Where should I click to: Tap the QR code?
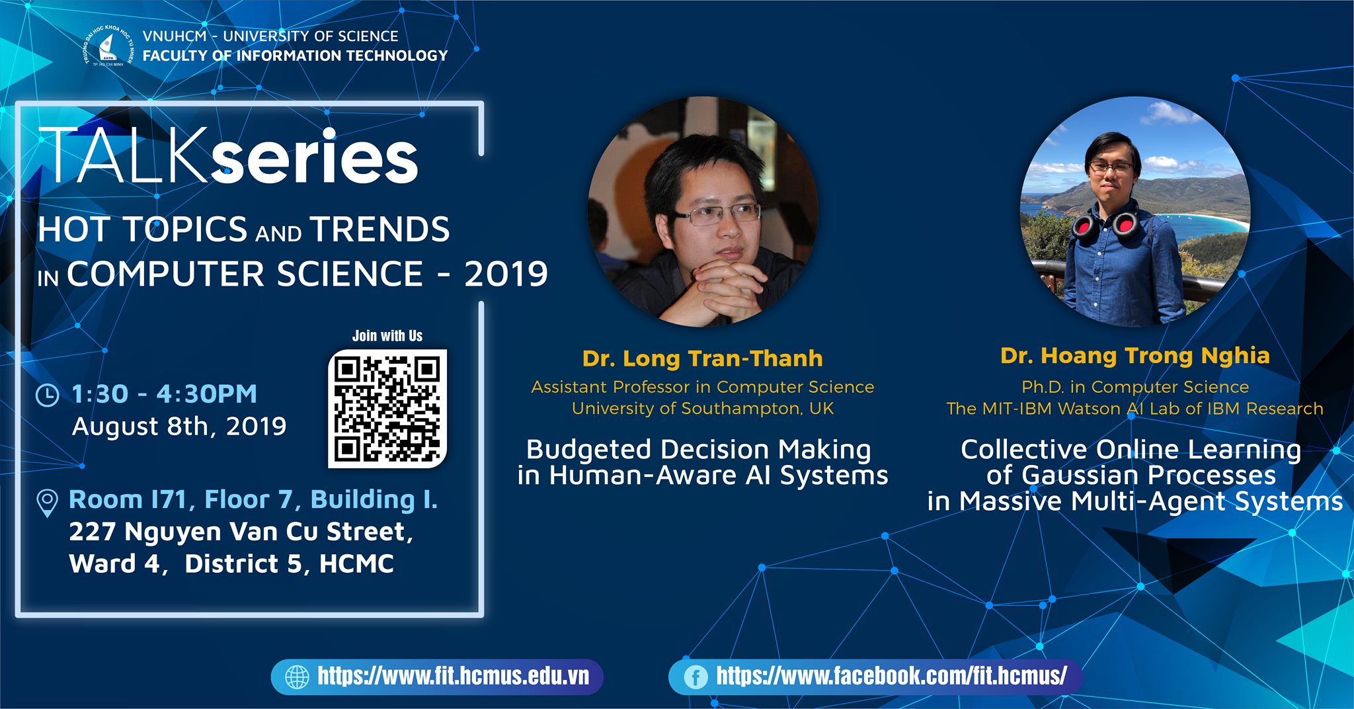pos(387,409)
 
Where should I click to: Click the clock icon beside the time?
pos(47,395)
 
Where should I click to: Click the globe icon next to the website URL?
pos(297,677)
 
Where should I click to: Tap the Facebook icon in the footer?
pos(696,677)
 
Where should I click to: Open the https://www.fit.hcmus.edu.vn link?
pos(454,676)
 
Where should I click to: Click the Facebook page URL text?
pos(891,676)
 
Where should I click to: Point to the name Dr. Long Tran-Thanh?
pos(702,358)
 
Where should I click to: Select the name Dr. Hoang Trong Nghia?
pos(1135,356)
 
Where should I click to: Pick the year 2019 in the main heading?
pos(506,274)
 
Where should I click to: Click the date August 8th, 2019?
pos(179,427)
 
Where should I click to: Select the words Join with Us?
pos(387,336)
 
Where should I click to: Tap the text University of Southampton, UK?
pos(703,409)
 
